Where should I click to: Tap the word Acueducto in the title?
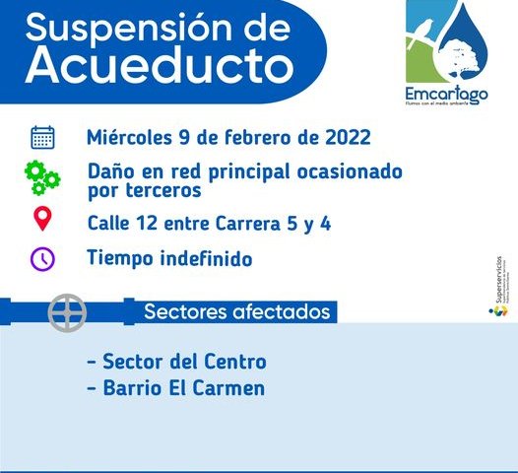point(160,64)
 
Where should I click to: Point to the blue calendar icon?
point(42,137)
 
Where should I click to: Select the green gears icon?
point(42,179)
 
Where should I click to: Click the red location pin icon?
point(42,219)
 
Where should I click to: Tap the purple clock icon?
point(42,259)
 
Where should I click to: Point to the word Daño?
point(109,171)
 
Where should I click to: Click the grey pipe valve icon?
point(67,312)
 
